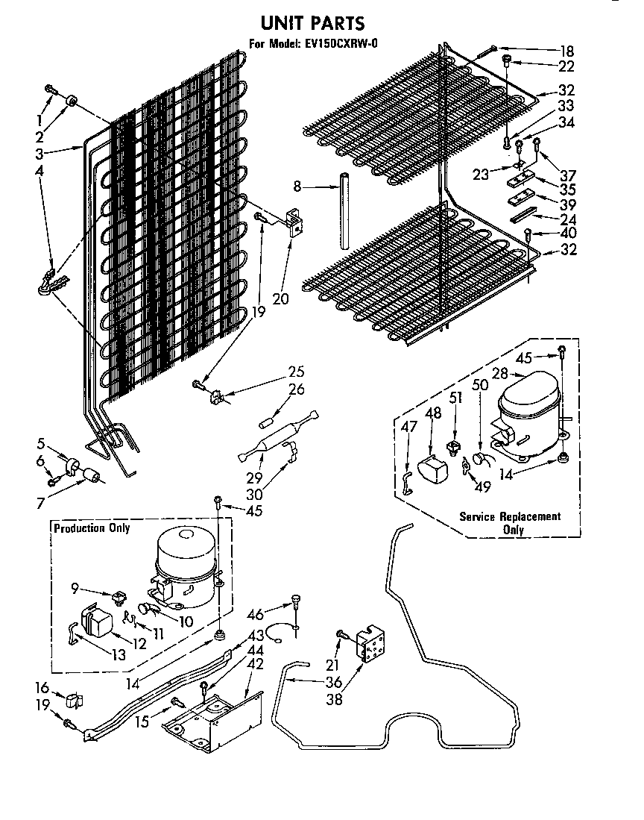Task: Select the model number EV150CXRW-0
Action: [341, 44]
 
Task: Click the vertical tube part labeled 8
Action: [344, 212]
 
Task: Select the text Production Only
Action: [91, 528]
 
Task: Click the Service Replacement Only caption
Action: [510, 522]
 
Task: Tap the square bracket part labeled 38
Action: [368, 644]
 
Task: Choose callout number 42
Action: [256, 663]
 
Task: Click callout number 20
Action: [280, 299]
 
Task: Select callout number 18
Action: [567, 51]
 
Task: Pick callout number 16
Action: [42, 687]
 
